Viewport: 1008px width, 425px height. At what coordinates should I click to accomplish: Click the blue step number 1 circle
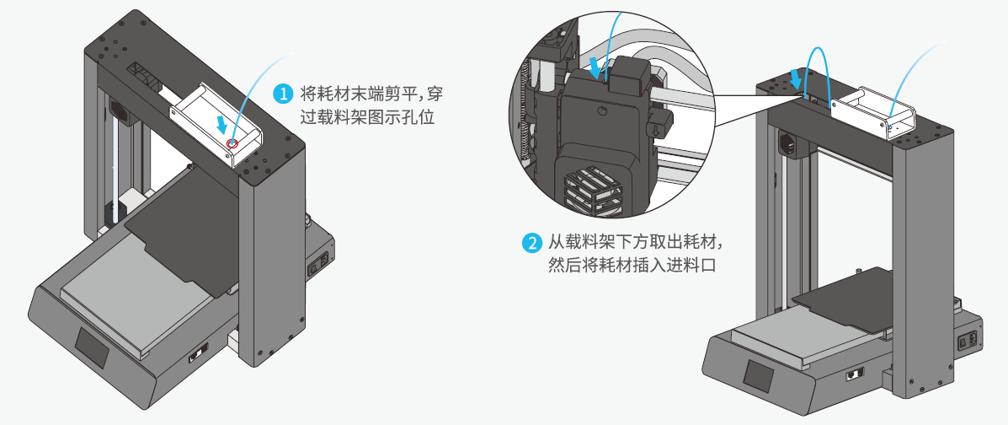pos(284,94)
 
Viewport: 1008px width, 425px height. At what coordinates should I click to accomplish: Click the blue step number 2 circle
pos(531,244)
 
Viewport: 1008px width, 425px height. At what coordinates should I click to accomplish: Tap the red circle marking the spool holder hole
pos(232,143)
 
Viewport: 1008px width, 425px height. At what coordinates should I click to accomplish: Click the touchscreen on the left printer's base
pos(93,347)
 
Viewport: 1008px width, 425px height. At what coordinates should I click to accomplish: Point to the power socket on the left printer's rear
pos(319,263)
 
